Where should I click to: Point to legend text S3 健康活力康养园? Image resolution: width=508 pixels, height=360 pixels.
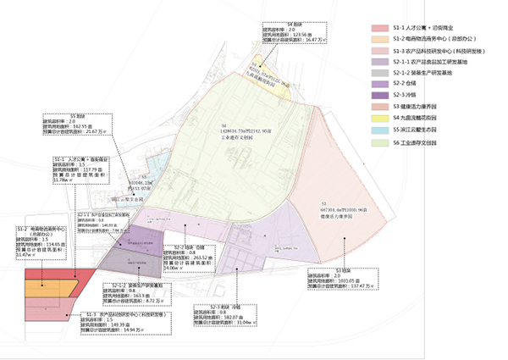coord(426,107)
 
